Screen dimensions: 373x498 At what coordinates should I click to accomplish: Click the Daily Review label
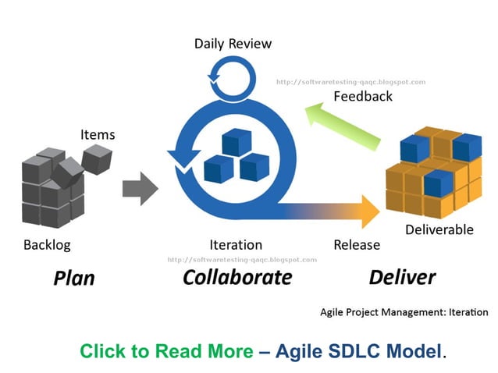click(233, 43)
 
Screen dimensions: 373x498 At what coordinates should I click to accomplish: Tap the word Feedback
click(363, 97)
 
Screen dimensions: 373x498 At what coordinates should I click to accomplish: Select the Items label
click(98, 134)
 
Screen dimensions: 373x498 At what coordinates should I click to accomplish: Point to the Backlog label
click(47, 245)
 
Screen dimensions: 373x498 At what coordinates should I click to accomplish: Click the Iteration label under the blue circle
click(236, 245)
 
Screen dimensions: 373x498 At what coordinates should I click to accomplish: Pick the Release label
click(357, 245)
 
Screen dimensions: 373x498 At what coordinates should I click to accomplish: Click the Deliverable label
click(439, 229)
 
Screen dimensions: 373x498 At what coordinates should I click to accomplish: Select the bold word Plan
click(74, 278)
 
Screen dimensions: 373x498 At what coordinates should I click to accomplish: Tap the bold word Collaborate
click(237, 277)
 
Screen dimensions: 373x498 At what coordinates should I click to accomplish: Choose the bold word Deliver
click(402, 277)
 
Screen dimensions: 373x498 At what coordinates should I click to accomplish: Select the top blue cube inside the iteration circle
click(235, 142)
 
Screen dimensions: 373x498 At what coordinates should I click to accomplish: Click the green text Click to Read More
click(166, 351)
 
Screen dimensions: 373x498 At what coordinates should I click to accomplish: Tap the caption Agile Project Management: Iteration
click(404, 312)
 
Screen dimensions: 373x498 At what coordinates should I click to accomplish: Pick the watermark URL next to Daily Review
click(351, 81)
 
